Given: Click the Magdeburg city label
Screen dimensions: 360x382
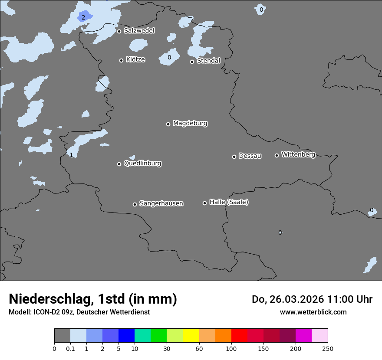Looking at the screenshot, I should pos(190,124).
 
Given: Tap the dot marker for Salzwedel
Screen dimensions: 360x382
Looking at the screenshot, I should pos(119,31).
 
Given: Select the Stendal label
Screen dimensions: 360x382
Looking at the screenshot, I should pos(209,61).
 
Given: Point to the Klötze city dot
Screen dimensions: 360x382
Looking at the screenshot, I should pos(121,60).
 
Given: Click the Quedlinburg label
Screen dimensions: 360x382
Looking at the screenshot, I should pos(142,164).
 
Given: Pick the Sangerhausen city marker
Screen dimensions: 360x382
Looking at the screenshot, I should pos(135,204).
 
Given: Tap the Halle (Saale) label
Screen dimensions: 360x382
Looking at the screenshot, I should pos(229,202).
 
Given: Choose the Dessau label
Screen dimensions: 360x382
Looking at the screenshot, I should pos(250,156).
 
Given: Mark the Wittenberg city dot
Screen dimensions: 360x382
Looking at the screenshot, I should pos(277,155).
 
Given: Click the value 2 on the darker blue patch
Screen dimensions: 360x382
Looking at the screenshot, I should pos(83,18).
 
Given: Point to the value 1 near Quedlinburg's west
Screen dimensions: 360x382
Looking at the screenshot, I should pos(71,155).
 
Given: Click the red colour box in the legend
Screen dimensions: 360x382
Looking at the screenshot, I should pos(239,336).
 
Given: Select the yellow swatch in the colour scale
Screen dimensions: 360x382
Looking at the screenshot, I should pos(191,336).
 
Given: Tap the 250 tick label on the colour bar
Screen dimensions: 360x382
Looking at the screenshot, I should pos(328,348).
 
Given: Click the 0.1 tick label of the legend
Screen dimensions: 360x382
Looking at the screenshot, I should pos(70,348).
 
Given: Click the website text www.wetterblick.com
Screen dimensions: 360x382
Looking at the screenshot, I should pos(313,312).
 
